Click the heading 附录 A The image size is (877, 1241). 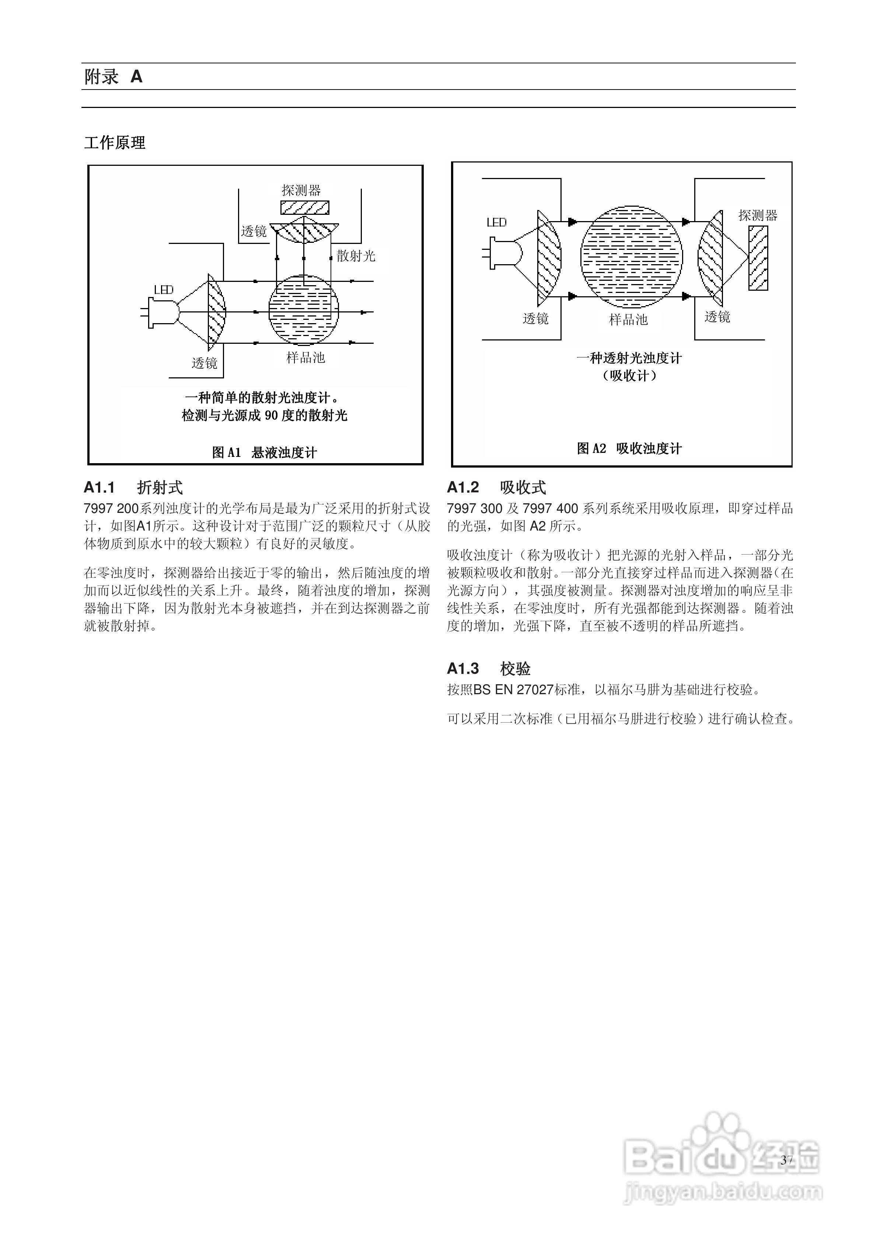[113, 77]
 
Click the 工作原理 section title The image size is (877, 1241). [115, 143]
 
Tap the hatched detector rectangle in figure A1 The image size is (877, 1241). [304, 207]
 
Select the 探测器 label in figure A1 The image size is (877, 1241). [301, 190]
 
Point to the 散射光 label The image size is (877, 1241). [356, 256]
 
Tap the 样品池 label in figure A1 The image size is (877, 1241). [305, 357]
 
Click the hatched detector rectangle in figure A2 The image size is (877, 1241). [758, 258]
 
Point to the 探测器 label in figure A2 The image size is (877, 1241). [758, 216]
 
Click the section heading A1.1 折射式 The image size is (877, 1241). [133, 487]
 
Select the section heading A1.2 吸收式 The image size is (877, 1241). [496, 487]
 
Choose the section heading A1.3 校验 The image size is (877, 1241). [488, 669]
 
